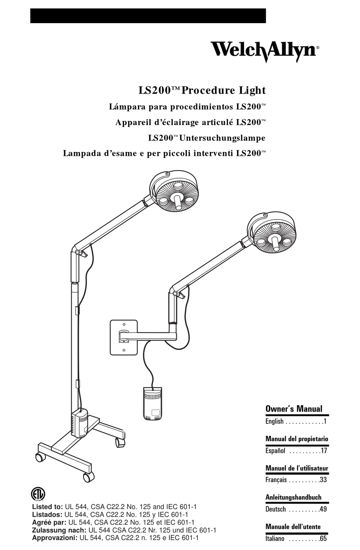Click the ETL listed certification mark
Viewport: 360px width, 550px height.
(x=38, y=494)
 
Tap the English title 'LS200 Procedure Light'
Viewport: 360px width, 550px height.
(x=202, y=91)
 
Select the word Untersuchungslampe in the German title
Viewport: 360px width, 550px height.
(x=222, y=138)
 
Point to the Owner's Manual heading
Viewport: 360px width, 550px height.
(x=294, y=409)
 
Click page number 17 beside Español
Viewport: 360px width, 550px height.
(x=323, y=451)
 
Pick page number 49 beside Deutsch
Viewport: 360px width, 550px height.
(x=323, y=509)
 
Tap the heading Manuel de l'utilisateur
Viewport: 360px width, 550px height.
(x=297, y=468)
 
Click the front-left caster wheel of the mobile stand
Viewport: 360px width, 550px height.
(x=39, y=457)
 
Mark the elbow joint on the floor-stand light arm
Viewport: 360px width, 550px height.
(x=78, y=252)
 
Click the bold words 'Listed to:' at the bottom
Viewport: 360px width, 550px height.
(x=47, y=507)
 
